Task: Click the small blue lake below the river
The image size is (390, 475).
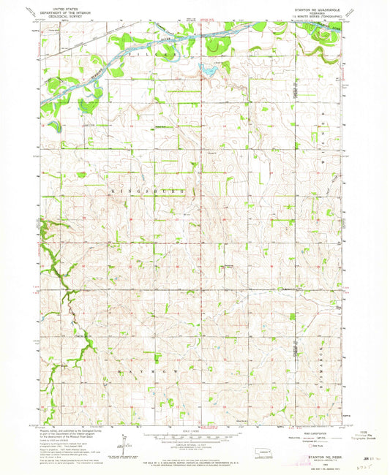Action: [x=209, y=71]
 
